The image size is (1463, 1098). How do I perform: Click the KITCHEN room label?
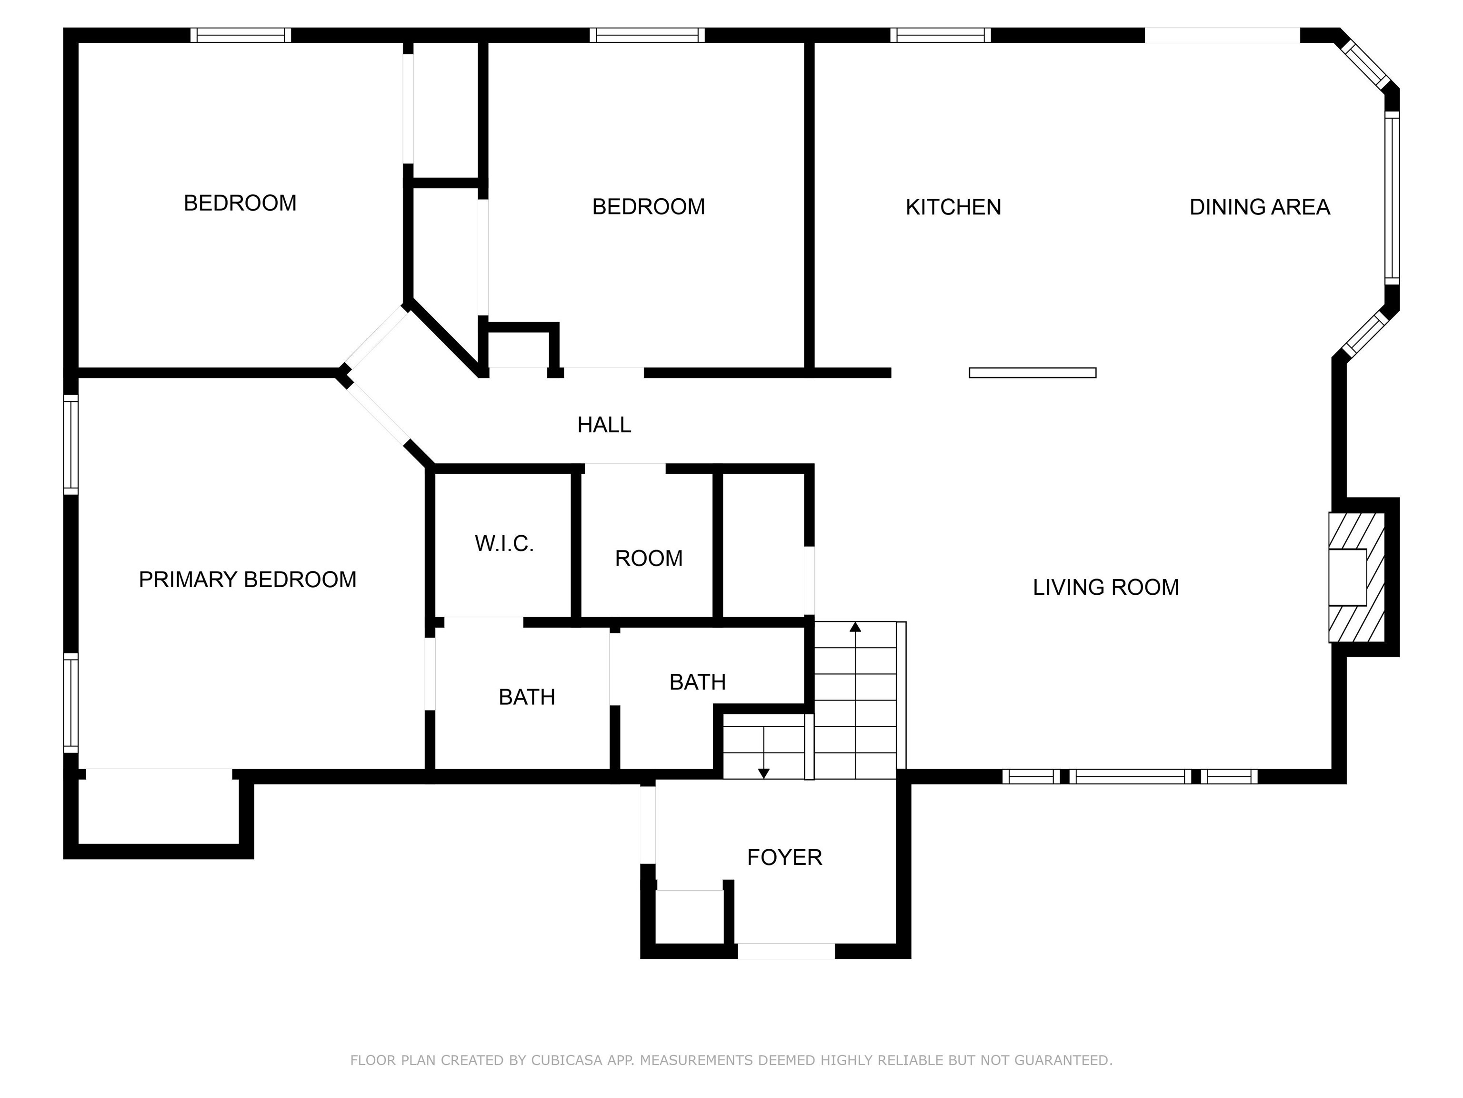coord(952,207)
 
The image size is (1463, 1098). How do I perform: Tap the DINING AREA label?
coord(1259,207)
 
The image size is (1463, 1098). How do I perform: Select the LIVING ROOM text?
coord(1105,587)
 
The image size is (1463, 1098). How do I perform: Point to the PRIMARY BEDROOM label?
coord(247,580)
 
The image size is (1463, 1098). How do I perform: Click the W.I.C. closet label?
coord(504,544)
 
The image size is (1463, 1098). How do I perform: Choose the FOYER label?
coord(784,858)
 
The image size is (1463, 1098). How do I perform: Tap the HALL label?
coord(604,425)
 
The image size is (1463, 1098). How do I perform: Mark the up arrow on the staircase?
coord(855,627)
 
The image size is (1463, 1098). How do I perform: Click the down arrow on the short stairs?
coord(763,773)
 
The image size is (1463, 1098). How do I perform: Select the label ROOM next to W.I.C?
coord(648,559)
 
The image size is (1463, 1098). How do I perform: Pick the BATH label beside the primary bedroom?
coord(526,697)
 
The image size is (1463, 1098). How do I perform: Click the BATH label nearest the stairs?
coord(697,682)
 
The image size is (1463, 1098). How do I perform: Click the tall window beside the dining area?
coord(1392,197)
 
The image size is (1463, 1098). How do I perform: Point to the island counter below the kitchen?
coord(1032,373)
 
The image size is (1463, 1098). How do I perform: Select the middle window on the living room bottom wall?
coord(1130,776)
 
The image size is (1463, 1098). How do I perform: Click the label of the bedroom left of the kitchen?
coord(648,206)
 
